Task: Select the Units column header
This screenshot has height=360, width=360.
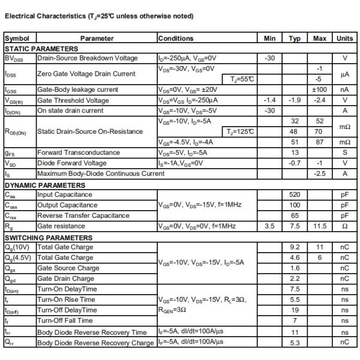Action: (344, 38)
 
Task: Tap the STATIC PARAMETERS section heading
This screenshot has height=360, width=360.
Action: (41, 49)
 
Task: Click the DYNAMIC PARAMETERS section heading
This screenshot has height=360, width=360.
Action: (45, 184)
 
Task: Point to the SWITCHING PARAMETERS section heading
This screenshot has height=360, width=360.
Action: (49, 238)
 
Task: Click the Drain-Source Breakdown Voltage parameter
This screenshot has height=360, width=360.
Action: (88, 58)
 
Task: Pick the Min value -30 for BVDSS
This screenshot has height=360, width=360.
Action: (269, 58)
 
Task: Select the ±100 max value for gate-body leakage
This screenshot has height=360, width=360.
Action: (319, 89)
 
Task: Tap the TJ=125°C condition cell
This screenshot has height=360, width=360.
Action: (239, 131)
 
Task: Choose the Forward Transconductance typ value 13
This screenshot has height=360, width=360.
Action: (295, 152)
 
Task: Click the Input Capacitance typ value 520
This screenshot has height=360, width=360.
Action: (295, 194)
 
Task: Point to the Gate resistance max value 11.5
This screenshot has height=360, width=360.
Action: (319, 226)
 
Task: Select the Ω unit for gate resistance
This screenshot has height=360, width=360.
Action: (344, 226)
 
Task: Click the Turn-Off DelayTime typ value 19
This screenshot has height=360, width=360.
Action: (295, 310)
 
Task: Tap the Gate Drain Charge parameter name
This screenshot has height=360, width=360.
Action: (66, 278)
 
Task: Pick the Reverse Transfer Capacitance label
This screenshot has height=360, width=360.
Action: (83, 215)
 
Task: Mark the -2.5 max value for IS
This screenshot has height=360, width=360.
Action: (319, 173)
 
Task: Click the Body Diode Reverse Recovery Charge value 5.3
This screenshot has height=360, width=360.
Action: (295, 343)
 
